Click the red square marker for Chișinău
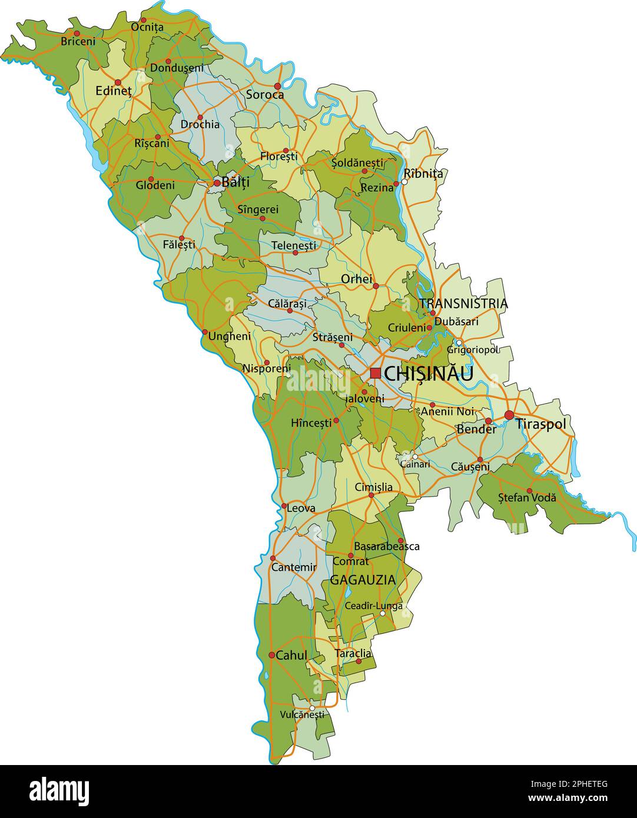pyautogui.click(x=375, y=373)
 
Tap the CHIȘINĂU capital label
pyautogui.click(x=428, y=374)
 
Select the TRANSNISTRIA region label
pyautogui.click(x=463, y=304)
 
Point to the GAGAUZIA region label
pyautogui.click(x=363, y=580)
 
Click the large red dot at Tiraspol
pyautogui.click(x=509, y=415)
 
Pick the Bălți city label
pyautogui.click(x=235, y=182)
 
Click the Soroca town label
pyautogui.click(x=265, y=95)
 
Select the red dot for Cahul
pyautogui.click(x=271, y=655)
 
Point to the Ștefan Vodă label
pyautogui.click(x=527, y=498)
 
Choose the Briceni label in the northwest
pyautogui.click(x=78, y=42)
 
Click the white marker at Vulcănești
pyautogui.click(x=312, y=708)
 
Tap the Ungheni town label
pyautogui.click(x=230, y=336)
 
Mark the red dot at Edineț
pyautogui.click(x=118, y=82)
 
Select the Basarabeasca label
pyautogui.click(x=387, y=546)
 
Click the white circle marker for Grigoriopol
pyautogui.click(x=459, y=343)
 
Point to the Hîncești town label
pyautogui.click(x=311, y=423)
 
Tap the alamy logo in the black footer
pyautogui.click(x=59, y=790)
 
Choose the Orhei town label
pyautogui.click(x=357, y=279)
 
